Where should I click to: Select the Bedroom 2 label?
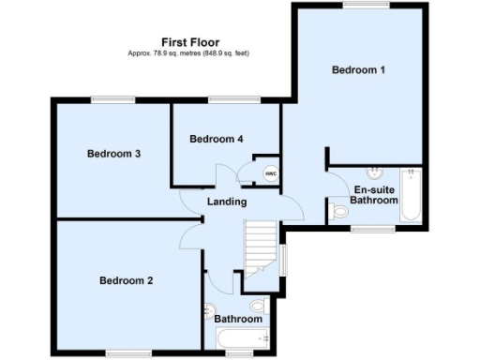tap(127, 280)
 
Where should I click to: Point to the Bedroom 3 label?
tap(113, 154)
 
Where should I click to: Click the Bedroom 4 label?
tap(217, 140)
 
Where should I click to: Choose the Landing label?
tap(227, 202)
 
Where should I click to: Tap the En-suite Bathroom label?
tap(374, 195)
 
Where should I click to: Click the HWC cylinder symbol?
tap(270, 173)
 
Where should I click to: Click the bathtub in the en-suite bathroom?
tap(411, 196)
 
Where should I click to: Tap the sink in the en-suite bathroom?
tap(375, 172)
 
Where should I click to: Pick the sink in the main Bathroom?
tap(209, 311)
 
